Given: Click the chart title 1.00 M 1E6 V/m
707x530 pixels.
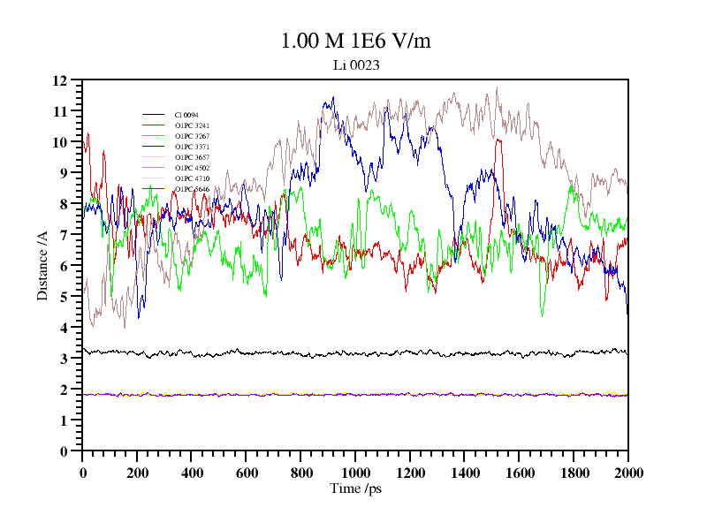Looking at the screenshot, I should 355,42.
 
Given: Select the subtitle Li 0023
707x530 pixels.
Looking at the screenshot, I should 355,64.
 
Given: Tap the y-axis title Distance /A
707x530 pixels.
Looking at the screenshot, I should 42,266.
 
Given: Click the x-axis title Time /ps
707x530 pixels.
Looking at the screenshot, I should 354,488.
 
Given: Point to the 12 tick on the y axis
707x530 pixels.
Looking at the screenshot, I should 60,80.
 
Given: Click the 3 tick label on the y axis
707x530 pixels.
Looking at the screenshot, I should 64,359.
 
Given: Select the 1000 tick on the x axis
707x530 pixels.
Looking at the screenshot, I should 355,473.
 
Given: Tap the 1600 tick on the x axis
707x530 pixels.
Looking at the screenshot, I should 519,473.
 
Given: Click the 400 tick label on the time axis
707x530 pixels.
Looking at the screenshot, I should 192,473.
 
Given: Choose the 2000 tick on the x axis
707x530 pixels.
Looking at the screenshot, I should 627,473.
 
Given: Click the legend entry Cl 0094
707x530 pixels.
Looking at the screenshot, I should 186,115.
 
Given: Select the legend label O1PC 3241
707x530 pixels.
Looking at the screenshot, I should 192,125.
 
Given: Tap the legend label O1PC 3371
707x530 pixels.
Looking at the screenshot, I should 192,147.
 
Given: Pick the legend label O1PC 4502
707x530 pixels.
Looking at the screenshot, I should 192,168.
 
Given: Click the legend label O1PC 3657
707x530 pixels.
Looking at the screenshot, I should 192,157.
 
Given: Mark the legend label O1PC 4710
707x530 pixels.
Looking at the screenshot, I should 192,178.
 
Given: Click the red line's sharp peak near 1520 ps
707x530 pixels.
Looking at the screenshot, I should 498,140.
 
